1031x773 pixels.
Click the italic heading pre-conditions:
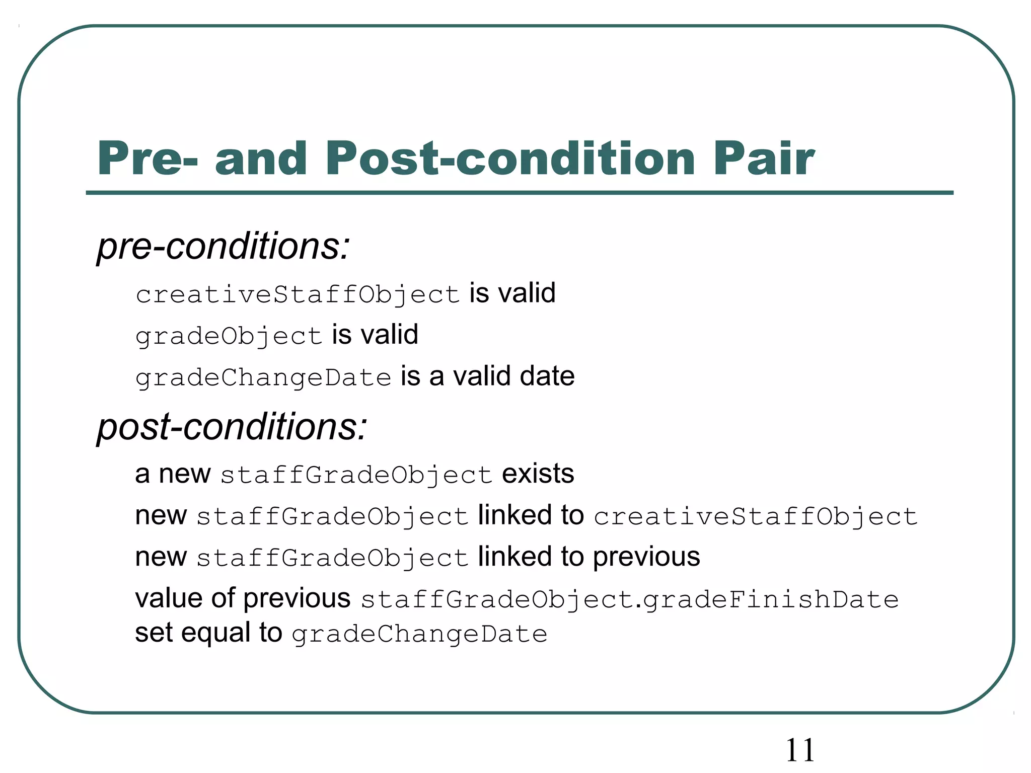[223, 247]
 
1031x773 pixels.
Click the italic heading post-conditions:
[232, 427]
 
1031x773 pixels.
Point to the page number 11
[800, 750]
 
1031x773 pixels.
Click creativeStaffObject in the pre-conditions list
[298, 294]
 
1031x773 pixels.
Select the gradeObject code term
[229, 336]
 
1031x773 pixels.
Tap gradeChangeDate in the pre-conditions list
[263, 377]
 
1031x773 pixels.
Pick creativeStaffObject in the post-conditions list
[755, 517]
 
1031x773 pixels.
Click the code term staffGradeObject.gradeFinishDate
[629, 599]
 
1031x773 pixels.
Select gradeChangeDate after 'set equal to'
[419, 634]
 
